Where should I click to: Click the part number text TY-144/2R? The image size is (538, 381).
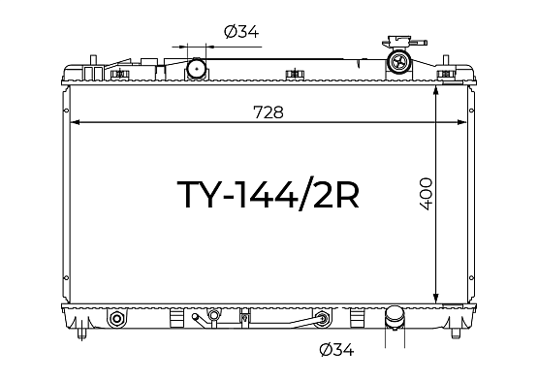(x=268, y=194)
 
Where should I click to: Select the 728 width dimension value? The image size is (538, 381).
(x=269, y=112)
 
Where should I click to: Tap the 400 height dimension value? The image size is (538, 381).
(x=426, y=194)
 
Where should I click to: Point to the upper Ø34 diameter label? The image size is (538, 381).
(x=241, y=32)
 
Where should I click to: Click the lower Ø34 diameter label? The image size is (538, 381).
(x=336, y=350)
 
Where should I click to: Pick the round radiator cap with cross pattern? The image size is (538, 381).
(x=399, y=62)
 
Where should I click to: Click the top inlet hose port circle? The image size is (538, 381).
(x=197, y=68)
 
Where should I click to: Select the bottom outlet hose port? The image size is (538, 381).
(x=396, y=319)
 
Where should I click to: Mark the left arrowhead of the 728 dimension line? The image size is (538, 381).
(x=75, y=122)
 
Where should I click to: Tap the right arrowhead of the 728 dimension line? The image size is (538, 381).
(x=461, y=122)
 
